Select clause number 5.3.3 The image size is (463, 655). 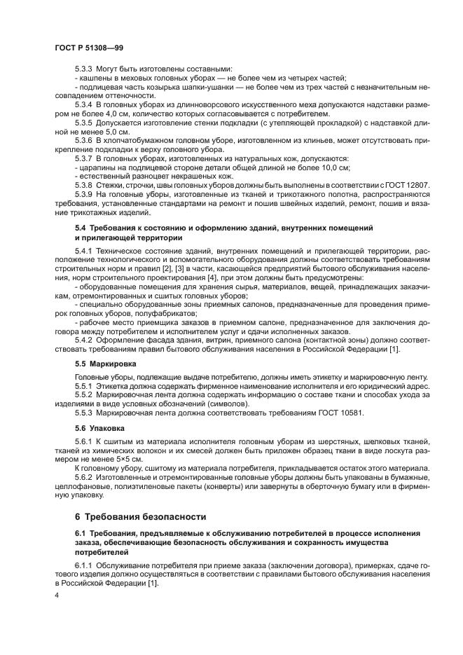(x=84, y=69)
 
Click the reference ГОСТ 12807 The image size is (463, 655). (x=407, y=186)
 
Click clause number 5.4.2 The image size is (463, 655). (x=84, y=340)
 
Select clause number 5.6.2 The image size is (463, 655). (x=84, y=478)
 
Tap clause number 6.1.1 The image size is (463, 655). (x=84, y=565)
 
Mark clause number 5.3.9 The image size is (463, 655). (x=84, y=195)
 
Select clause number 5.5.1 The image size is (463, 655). (x=84, y=387)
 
